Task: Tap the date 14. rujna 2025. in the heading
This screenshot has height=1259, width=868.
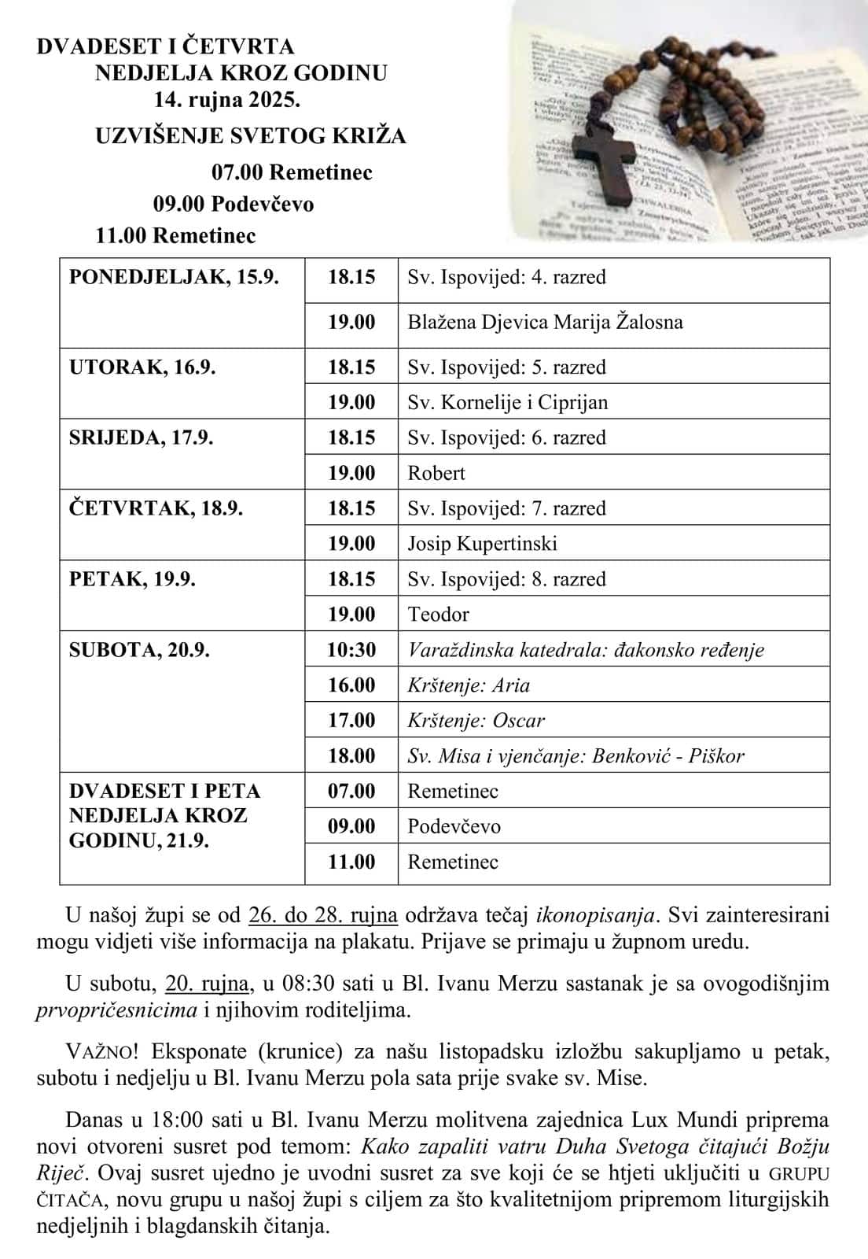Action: [x=227, y=100]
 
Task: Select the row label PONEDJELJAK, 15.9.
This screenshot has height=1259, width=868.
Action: [x=174, y=277]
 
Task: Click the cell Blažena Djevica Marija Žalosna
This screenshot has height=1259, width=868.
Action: [x=545, y=322]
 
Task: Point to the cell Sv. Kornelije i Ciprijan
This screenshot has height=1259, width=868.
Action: [x=507, y=402]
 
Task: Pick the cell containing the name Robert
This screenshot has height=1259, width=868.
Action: [x=436, y=473]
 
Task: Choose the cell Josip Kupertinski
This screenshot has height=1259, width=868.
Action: [x=482, y=543]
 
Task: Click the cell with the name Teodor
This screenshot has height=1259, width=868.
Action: [x=438, y=614]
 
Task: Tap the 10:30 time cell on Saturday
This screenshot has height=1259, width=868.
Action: [x=351, y=650]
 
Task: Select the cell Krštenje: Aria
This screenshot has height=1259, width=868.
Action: [x=469, y=685]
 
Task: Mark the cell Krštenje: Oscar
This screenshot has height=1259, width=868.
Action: [x=476, y=721]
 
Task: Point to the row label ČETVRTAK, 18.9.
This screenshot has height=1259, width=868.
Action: [x=156, y=508]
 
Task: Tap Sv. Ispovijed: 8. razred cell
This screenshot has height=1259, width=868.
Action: [x=506, y=579]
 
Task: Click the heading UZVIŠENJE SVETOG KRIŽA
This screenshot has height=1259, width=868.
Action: [x=251, y=136]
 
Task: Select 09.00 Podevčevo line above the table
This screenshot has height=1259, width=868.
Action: [x=234, y=204]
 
